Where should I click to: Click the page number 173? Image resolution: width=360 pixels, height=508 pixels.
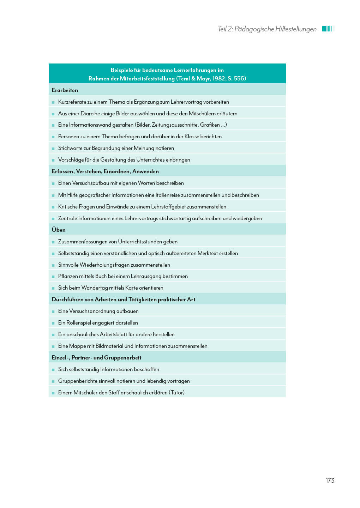tap(330, 480)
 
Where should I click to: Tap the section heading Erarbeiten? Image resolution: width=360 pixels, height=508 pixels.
tap(65, 90)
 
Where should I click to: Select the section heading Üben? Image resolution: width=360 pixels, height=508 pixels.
tap(59, 230)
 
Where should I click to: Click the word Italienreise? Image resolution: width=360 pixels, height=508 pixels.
tap(170, 195)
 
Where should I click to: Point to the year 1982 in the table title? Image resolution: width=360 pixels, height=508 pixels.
tap(219, 79)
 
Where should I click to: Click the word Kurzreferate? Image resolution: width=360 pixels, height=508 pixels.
tap(72, 102)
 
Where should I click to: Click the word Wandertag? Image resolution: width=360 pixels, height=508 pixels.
tap(94, 288)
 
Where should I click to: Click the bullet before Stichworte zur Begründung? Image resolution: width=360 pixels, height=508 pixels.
tap(53, 149)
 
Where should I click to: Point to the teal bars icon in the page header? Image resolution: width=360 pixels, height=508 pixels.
tap(328, 29)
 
